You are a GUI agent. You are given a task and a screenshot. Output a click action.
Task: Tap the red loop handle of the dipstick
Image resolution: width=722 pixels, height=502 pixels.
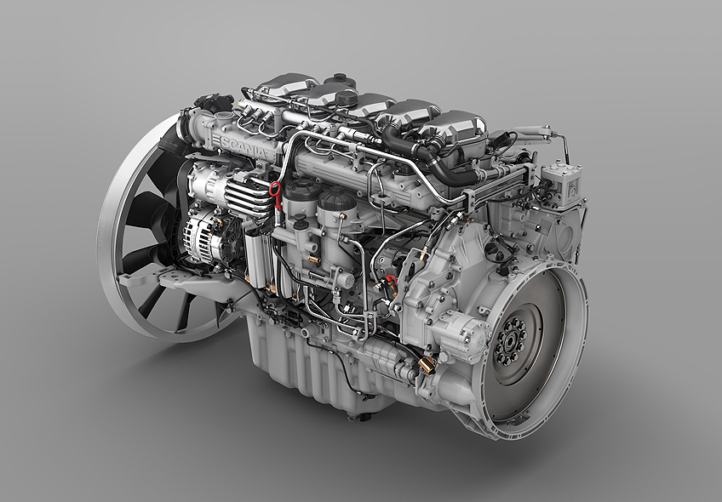[275, 189]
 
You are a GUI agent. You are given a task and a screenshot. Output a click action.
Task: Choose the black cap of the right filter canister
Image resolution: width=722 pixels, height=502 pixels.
[337, 200]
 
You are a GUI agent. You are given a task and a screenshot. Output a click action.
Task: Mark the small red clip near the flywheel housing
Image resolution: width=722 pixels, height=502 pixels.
[391, 278]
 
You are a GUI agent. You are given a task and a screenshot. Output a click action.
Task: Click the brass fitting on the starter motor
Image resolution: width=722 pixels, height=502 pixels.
[427, 365]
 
